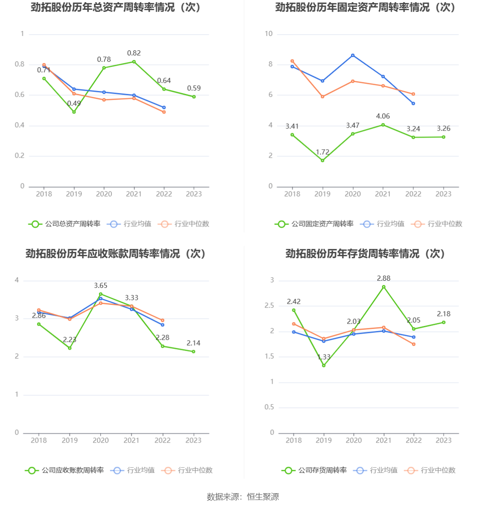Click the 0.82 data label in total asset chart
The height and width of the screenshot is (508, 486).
(x=134, y=53)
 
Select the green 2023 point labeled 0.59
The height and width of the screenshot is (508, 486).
(x=194, y=97)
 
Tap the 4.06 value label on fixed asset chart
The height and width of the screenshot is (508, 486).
(x=383, y=116)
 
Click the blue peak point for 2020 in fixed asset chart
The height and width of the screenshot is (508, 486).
(x=353, y=55)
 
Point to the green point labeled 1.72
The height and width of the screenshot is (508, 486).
(x=323, y=161)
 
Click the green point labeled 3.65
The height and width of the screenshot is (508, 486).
(x=101, y=294)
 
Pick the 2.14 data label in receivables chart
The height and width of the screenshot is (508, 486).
(x=193, y=343)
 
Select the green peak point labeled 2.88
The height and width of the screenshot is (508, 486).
(x=384, y=287)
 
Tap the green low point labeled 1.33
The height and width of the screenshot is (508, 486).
(x=324, y=366)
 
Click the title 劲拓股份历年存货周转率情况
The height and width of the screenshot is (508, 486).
(x=365, y=254)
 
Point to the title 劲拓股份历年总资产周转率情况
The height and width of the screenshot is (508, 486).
(x=116, y=8)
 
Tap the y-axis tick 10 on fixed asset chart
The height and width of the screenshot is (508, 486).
(x=269, y=34)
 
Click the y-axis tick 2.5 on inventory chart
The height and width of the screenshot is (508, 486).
(x=269, y=306)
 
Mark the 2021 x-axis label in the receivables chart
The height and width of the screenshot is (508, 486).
(x=131, y=440)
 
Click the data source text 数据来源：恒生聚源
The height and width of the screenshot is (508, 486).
(x=243, y=497)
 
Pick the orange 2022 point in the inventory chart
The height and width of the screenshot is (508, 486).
(x=414, y=344)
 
